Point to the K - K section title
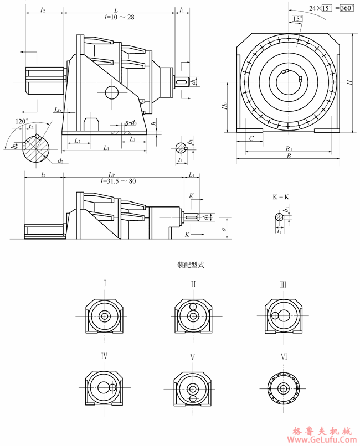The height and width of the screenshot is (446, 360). coord(281,196)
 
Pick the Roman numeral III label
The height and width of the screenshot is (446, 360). coord(283,284)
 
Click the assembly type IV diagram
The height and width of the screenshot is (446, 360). coord(104,387)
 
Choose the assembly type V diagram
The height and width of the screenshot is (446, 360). coord(193,387)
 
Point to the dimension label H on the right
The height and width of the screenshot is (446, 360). coord(349,82)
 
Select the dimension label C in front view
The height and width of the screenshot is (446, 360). coord(251,139)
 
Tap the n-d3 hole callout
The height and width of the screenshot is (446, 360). coord(131,122)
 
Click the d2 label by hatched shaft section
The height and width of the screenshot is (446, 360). coord(59,161)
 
